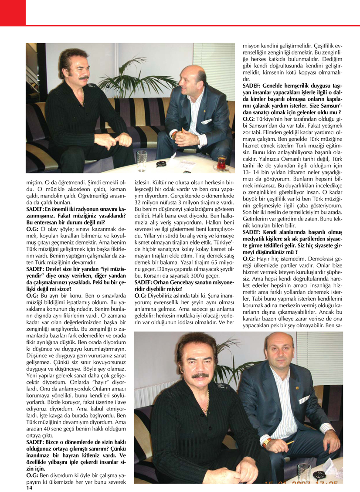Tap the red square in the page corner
pyautogui.click(x=13, y=13)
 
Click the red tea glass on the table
pyautogui.click(x=221, y=164)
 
